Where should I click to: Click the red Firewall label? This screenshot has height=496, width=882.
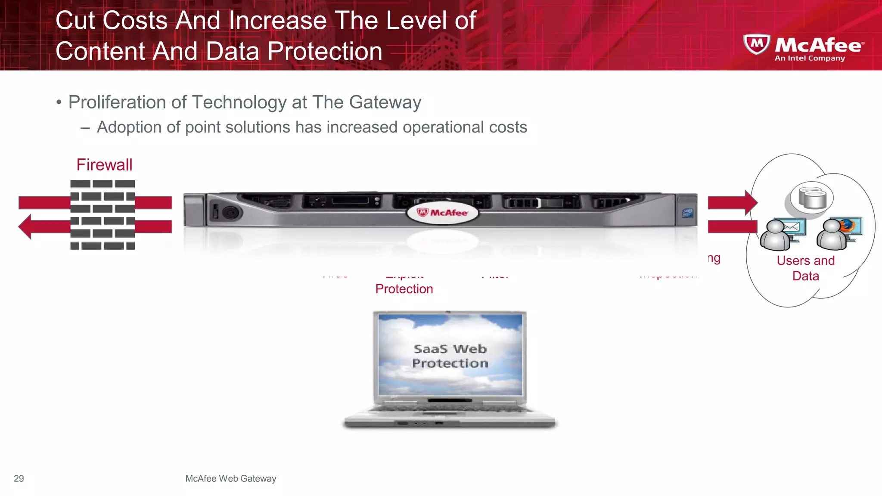coord(104,165)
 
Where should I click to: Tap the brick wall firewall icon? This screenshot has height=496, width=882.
coord(102,214)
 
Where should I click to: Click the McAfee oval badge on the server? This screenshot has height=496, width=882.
coord(442,213)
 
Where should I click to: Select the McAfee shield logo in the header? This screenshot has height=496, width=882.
coord(756,44)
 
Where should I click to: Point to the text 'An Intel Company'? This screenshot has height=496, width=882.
coord(810,59)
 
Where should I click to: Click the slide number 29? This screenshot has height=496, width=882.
coord(19,478)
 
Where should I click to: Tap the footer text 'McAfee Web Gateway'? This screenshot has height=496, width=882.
coord(230,478)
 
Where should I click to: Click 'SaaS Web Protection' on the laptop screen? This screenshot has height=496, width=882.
coord(450,356)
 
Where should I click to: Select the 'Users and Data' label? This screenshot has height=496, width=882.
coord(805,268)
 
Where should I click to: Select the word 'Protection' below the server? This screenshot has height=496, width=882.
coord(404,289)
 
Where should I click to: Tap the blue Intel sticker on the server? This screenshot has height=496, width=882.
coord(687,213)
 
